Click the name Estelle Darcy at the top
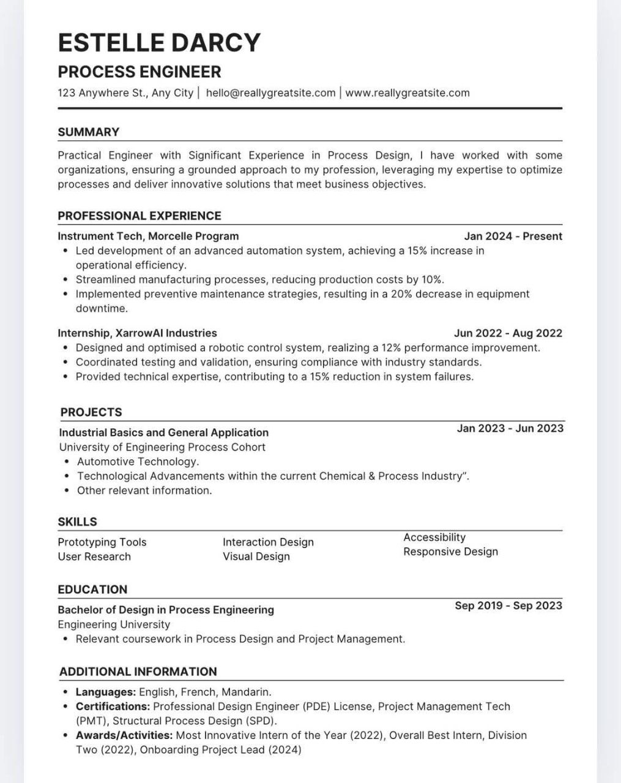[159, 43]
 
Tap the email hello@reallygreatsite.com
[270, 93]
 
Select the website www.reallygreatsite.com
[407, 93]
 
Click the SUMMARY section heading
[88, 132]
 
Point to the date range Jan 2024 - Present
[513, 236]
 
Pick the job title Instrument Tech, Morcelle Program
[148, 236]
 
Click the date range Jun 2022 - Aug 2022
[508, 333]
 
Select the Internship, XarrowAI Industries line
[137, 333]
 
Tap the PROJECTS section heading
[91, 412]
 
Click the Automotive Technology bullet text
[138, 462]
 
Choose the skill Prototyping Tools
[102, 542]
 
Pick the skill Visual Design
[256, 557]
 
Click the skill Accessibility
[434, 537]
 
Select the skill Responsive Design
[450, 552]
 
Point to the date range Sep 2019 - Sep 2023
[508, 606]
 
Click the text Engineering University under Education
[114, 625]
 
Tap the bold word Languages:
[105, 692]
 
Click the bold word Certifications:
[113, 707]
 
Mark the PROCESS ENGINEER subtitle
[139, 72]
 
